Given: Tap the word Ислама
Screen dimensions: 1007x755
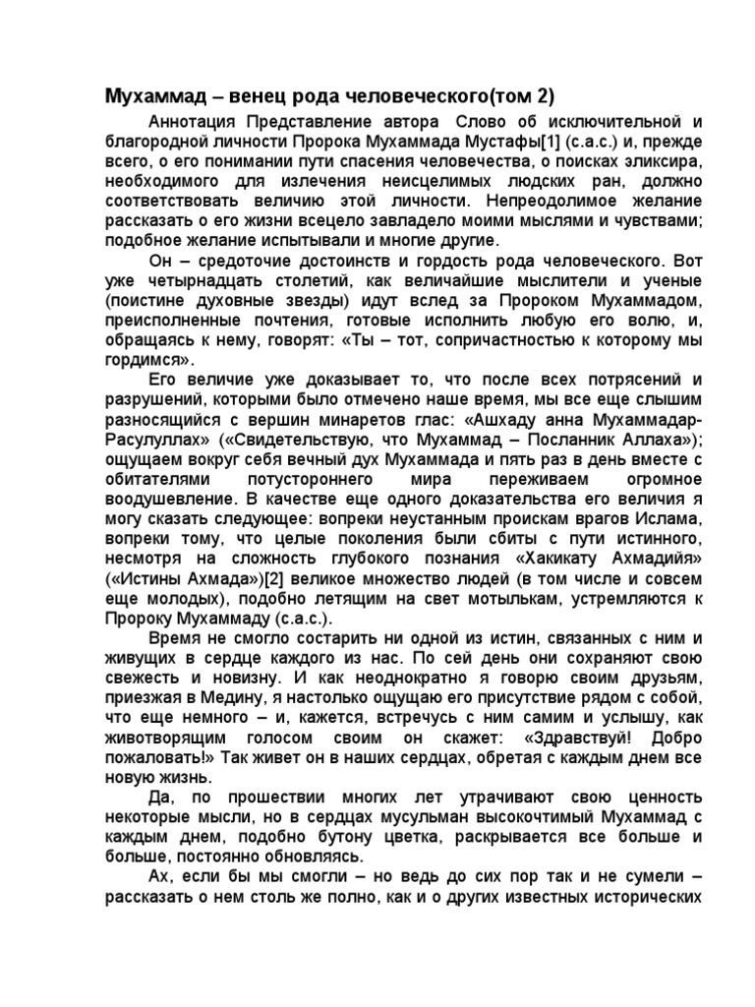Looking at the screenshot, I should (672, 515).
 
